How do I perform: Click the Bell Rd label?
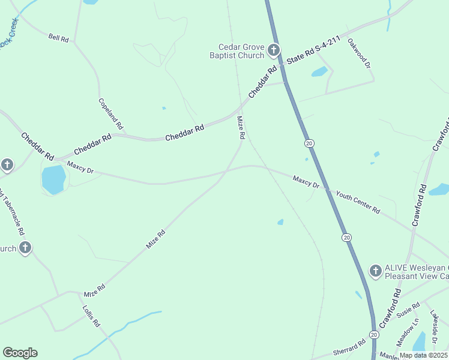click(59, 38)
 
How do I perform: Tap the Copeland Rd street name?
click(110, 115)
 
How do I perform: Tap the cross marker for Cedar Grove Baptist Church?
click(274, 50)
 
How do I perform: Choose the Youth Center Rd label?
click(358, 202)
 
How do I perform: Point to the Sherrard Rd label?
click(349, 348)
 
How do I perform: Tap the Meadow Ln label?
click(408, 334)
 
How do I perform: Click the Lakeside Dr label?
click(434, 327)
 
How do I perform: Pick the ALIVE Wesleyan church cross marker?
click(376, 271)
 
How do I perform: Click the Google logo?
click(20, 353)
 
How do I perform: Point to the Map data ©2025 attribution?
click(423, 355)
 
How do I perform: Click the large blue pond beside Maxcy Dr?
click(53, 179)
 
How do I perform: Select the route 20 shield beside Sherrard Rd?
click(373, 334)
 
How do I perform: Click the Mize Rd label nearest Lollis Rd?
click(95, 290)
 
